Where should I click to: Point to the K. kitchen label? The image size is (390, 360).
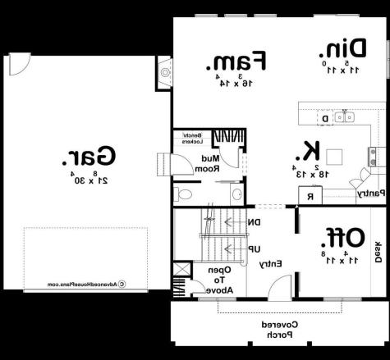tap(311, 151)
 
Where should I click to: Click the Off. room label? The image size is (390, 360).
tap(345, 238)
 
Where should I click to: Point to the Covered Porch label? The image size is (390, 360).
tap(277, 330)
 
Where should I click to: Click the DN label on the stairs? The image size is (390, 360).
tap(255, 221)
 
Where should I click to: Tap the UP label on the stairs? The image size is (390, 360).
tap(255, 247)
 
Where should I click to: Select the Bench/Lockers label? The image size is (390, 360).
tap(192, 138)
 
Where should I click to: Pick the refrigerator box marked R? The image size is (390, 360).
tap(310, 196)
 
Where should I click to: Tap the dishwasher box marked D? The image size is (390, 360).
tap(325, 119)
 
